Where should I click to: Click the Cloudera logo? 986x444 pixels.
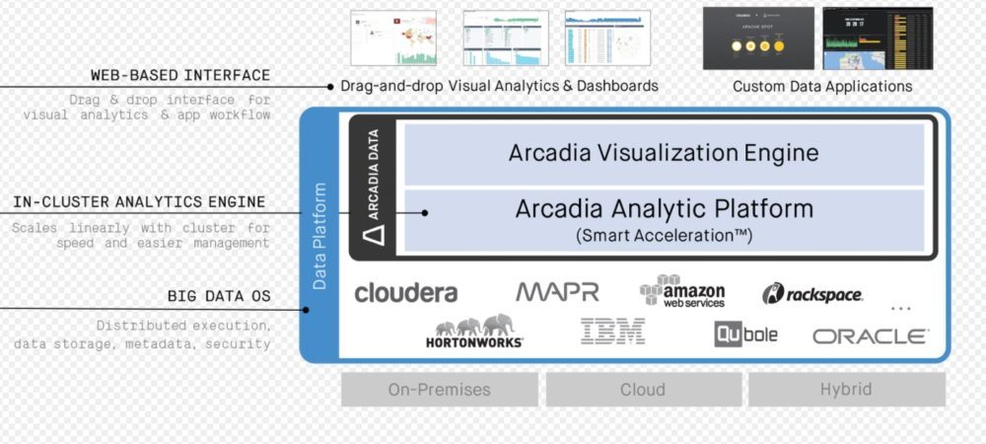405,293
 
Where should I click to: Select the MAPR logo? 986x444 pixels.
557,292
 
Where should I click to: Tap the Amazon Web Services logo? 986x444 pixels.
682,291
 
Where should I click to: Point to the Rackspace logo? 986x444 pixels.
812,294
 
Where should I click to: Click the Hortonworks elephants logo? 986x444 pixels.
476,332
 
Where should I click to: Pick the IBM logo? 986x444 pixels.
612,332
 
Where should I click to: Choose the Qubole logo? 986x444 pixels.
746,333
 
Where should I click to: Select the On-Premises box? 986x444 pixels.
439,389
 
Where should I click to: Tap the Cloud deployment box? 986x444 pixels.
642,389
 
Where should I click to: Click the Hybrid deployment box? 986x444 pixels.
846,389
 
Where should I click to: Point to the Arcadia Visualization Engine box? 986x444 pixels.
664,153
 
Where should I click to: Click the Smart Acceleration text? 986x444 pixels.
664,235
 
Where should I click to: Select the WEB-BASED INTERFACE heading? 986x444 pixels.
180,75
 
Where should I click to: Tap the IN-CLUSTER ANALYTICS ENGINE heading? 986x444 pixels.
139,202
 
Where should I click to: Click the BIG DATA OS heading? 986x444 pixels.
218,295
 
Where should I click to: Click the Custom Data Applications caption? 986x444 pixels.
822,87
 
